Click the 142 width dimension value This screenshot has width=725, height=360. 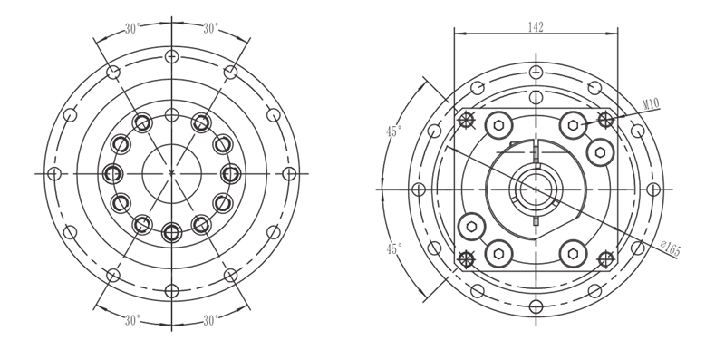pyautogui.click(x=536, y=27)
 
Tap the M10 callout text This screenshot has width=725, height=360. pyautogui.click(x=651, y=104)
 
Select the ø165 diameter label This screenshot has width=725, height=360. pyautogui.click(x=671, y=248)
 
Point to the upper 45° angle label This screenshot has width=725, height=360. pyautogui.click(x=394, y=131)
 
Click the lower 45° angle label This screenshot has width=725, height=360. pyautogui.click(x=394, y=249)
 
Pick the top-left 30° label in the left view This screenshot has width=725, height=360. pyautogui.click(x=132, y=29)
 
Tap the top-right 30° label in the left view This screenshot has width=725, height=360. pyautogui.click(x=211, y=29)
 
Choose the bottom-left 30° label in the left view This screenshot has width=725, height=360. pyautogui.click(x=132, y=320)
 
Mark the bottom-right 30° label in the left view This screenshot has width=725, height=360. pyautogui.click(x=211, y=320)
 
